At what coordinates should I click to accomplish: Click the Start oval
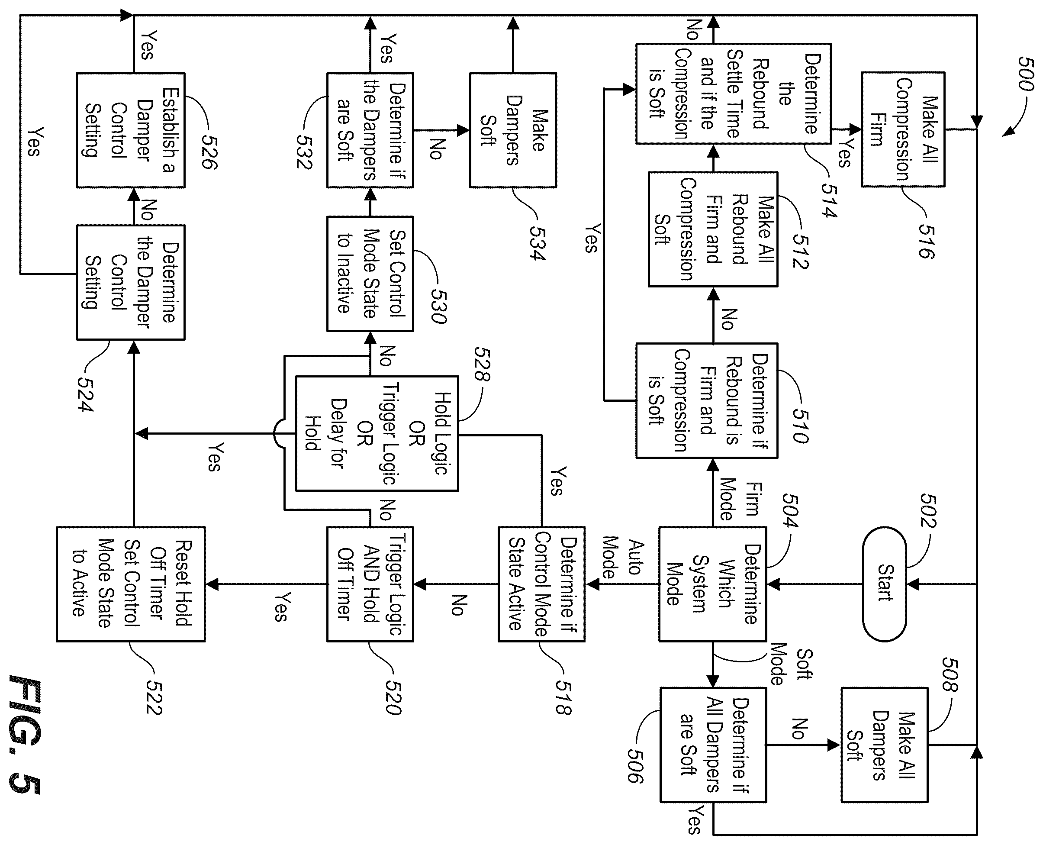tap(884, 584)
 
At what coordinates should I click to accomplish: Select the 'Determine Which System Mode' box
tap(712, 584)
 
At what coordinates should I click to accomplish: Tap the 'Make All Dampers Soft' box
tap(884, 745)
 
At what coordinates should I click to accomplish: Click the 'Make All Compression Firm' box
tap(903, 129)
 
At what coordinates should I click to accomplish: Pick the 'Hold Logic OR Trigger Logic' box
tap(377, 433)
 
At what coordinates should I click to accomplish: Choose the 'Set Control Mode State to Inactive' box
tap(370, 274)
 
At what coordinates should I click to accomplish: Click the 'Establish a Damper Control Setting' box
tap(130, 130)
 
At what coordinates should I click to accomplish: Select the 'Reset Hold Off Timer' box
tap(130, 584)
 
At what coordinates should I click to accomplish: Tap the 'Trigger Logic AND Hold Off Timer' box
tap(370, 584)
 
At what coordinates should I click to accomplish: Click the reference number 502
tap(927, 511)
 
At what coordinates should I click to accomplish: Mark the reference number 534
tap(538, 243)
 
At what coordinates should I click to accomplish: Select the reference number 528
tap(482, 364)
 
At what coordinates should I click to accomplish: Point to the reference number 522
tap(154, 697)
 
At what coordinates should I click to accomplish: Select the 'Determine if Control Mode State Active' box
tap(541, 584)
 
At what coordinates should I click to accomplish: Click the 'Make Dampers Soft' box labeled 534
tap(513, 130)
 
